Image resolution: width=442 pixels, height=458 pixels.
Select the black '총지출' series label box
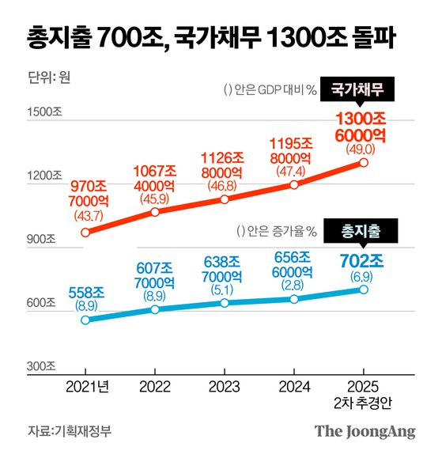coord(361,231)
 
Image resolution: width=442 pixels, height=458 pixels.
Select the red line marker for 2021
coord(85,233)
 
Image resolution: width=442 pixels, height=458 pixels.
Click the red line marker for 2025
coord(364,162)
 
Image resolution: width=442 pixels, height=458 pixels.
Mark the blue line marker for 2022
coord(155,309)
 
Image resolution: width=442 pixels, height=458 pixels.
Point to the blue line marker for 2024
coord(294,299)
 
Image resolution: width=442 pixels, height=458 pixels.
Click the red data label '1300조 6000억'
coord(360,127)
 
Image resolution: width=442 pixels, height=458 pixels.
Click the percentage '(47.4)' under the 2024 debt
coord(294,169)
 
